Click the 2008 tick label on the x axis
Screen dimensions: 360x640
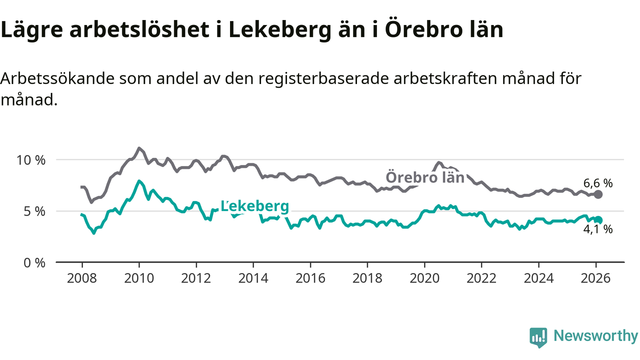(81, 278)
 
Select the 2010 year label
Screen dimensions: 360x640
(138, 278)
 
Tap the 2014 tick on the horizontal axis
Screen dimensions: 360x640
(253, 278)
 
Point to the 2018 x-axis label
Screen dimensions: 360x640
(367, 278)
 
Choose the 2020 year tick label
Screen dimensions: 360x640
(424, 278)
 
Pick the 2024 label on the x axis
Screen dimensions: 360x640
(539, 278)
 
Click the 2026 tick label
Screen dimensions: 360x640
(596, 278)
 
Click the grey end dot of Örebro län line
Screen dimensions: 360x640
(598, 194)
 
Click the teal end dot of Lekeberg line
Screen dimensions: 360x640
(598, 219)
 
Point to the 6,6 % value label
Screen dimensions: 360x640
(597, 183)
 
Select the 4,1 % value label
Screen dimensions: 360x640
(597, 230)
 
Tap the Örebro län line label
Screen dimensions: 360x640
(425, 178)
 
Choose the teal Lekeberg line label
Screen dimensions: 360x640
(254, 206)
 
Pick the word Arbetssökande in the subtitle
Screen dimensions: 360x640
(54, 79)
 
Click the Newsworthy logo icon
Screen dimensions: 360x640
(538, 337)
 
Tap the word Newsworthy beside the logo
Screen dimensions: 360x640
(595, 336)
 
